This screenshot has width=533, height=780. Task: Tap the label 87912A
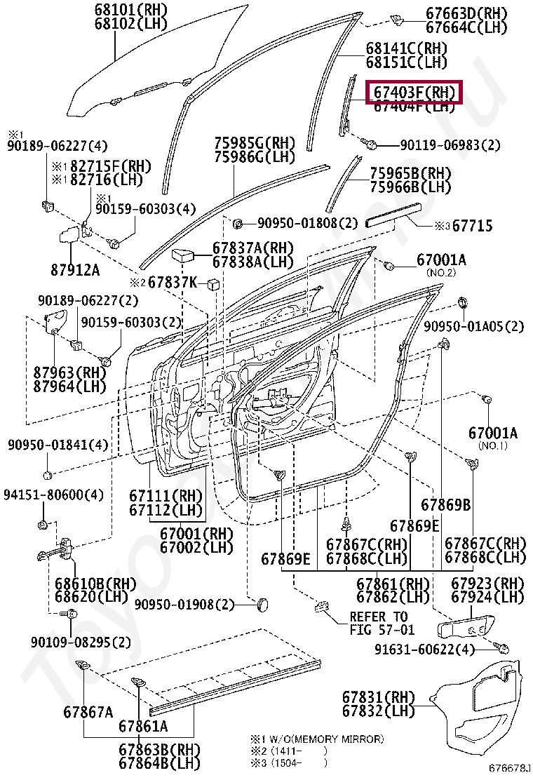coord(74,270)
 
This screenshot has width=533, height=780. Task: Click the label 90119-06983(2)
coord(450,145)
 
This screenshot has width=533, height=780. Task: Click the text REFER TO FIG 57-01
coord(382,623)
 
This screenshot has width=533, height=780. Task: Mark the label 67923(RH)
coord(487,584)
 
